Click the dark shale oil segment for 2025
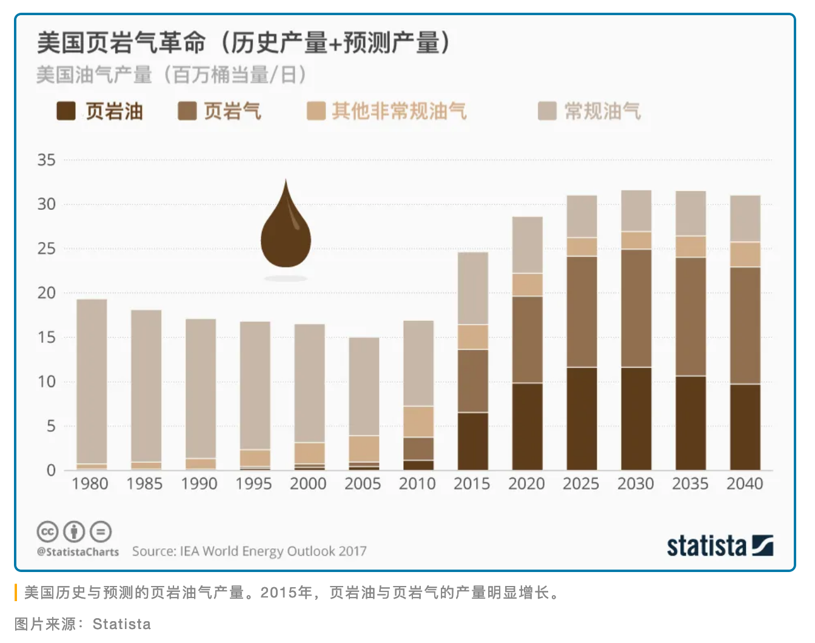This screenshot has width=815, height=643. (x=582, y=419)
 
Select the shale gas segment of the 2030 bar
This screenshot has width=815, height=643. (x=636, y=308)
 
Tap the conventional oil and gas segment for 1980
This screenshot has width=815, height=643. (x=92, y=381)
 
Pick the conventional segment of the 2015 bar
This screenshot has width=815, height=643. (x=472, y=288)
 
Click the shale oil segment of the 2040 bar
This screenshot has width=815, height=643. (x=745, y=427)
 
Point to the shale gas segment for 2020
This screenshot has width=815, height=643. (x=527, y=340)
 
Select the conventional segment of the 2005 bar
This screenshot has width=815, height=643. (x=364, y=386)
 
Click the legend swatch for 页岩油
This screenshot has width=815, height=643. (x=65, y=112)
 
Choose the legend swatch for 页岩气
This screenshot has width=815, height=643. (x=187, y=112)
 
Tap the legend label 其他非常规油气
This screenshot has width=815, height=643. (x=399, y=112)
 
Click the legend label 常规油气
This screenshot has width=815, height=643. (x=602, y=112)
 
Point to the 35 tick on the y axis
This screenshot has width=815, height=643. (x=46, y=160)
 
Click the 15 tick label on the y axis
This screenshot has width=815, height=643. (x=46, y=337)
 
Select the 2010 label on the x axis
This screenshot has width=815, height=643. (x=417, y=484)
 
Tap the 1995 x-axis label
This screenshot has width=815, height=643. (x=253, y=484)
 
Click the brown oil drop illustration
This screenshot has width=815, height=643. (x=286, y=227)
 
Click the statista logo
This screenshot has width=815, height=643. (x=720, y=545)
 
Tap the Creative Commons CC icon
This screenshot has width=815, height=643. (x=47, y=531)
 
